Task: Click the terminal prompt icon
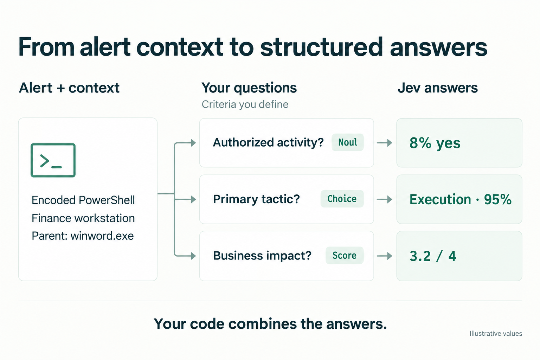tap(53, 160)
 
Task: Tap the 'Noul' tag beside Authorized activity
tap(348, 142)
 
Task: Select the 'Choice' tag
tap(342, 199)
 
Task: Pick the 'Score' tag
tap(345, 255)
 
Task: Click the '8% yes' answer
tap(435, 143)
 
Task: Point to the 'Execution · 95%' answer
tap(461, 199)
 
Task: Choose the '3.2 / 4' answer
tap(433, 256)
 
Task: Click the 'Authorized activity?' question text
tap(268, 142)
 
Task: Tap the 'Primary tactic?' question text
tap(256, 199)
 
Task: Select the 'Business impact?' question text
tap(262, 256)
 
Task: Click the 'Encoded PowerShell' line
tap(83, 200)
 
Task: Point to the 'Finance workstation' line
tap(83, 218)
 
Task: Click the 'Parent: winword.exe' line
tap(83, 236)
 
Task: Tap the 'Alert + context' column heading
tap(69, 88)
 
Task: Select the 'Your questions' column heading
tap(249, 88)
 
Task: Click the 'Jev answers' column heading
tap(438, 88)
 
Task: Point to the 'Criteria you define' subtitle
tap(245, 104)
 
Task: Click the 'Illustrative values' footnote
tap(496, 334)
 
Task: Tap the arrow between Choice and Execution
tap(385, 199)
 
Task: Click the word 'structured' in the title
tap(322, 47)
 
